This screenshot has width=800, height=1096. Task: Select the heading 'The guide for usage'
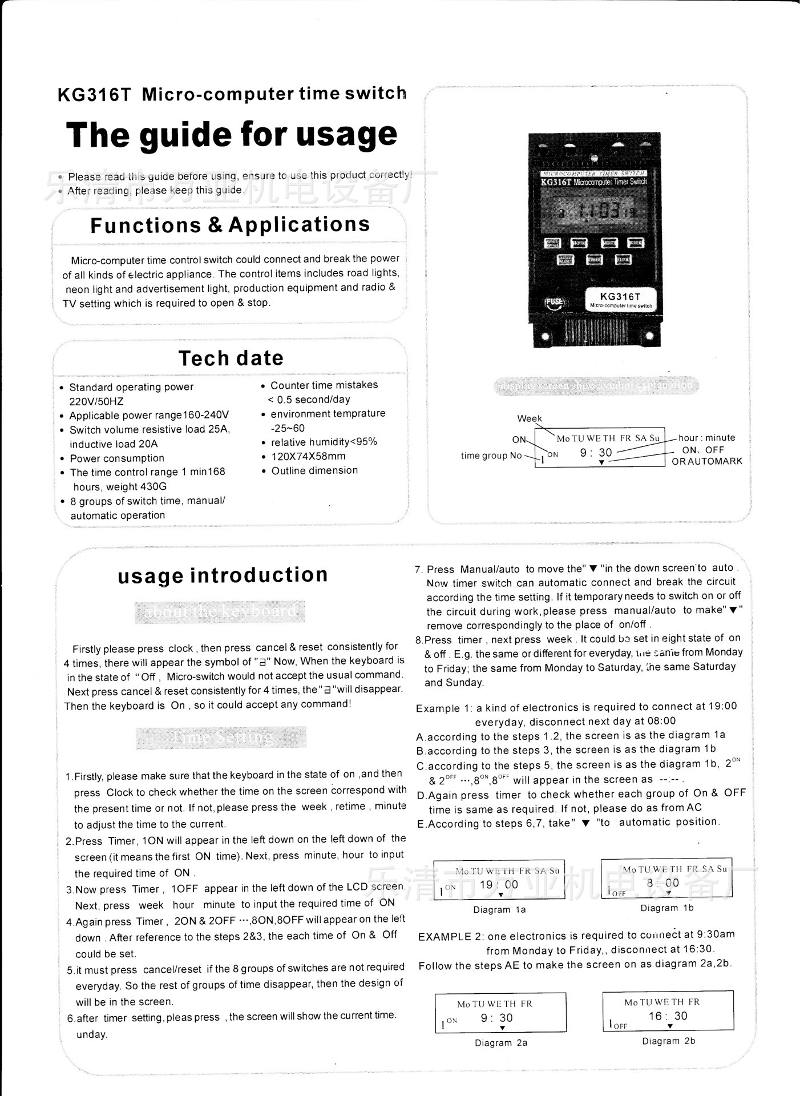tap(232, 136)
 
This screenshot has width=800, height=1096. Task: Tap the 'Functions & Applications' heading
tap(230, 225)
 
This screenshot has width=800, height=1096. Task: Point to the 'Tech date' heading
tap(231, 358)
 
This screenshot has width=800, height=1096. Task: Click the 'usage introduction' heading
tap(223, 575)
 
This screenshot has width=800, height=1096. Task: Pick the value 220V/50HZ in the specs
tap(96, 401)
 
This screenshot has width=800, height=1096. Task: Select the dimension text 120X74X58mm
tap(308, 456)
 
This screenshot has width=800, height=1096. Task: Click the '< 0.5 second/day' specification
tap(309, 400)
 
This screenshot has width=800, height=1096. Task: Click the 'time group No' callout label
tap(491, 456)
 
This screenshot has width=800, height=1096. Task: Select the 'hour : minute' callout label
tap(706, 438)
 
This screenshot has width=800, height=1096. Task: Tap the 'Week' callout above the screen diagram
tap(530, 418)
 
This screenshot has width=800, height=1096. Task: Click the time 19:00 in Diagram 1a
tap(499, 885)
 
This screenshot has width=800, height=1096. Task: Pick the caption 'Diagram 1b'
tap(666, 908)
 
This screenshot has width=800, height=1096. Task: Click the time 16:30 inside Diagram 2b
tap(668, 1016)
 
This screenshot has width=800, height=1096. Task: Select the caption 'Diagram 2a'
tap(501, 1042)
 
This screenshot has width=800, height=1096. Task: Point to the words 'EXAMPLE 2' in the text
tap(451, 937)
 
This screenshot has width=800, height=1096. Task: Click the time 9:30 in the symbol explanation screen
tap(596, 453)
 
